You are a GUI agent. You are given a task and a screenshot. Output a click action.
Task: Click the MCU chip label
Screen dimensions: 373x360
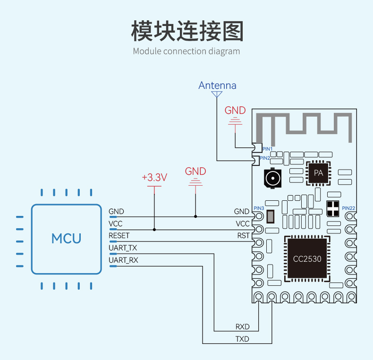coord(67,238)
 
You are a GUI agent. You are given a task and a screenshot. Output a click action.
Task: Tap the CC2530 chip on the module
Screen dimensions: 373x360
coord(307,258)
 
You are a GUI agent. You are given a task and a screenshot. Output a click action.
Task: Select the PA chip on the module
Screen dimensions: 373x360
coord(319,173)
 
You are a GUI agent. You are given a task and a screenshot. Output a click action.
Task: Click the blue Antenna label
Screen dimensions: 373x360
coord(217,85)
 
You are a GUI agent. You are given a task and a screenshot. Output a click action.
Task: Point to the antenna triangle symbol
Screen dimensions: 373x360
coord(217,94)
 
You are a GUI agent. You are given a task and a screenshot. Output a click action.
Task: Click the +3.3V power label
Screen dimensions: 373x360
coord(154,177)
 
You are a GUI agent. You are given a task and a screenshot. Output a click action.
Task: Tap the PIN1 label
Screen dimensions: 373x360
coord(267,149)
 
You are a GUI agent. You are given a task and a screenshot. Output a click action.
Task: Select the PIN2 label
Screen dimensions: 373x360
coord(265,158)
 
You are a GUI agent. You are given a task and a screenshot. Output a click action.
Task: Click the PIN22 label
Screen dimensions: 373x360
coord(348,208)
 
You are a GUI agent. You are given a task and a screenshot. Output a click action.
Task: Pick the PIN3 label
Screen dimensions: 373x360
coord(259,208)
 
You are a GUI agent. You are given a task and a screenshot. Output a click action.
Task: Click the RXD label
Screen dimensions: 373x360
coord(242,326)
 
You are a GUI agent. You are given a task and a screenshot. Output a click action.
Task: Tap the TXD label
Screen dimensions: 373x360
coord(242,339)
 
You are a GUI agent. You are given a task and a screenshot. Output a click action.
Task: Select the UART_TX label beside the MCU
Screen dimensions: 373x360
coord(123,248)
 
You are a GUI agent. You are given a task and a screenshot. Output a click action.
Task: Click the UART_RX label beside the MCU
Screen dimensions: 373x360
coord(123,260)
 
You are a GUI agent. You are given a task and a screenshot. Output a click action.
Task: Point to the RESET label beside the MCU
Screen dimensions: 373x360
coord(119,235)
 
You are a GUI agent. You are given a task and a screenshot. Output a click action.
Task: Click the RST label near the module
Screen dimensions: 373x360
coord(243,235)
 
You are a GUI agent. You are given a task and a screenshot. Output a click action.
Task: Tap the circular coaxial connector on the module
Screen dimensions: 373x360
coord(272,178)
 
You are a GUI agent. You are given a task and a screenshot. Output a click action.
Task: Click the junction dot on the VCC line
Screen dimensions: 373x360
coord(154,230)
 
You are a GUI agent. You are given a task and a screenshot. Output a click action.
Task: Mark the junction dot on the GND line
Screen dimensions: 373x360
coord(195,216)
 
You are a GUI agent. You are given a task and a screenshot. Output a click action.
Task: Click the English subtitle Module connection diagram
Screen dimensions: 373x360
coord(186,51)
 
